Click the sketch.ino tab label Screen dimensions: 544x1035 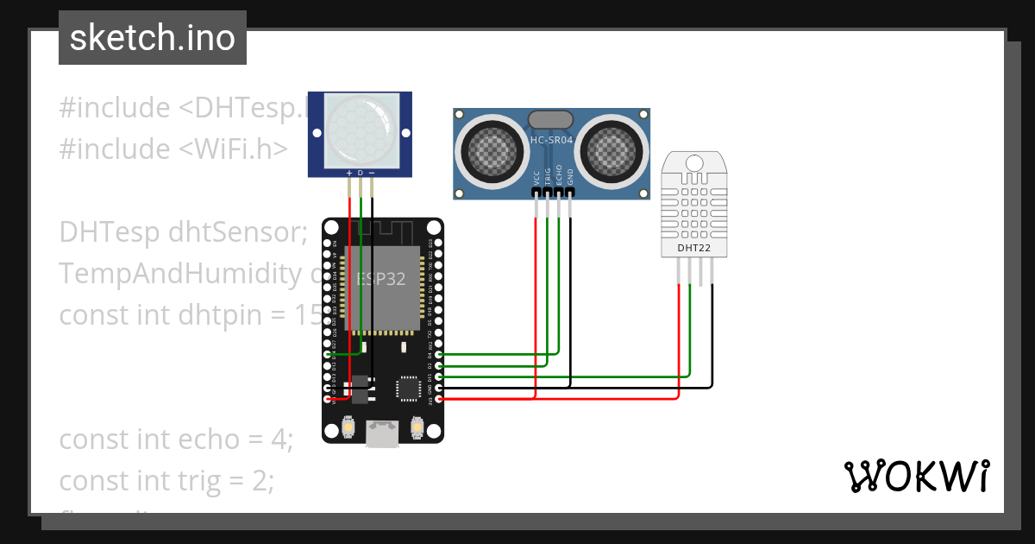[x=152, y=38]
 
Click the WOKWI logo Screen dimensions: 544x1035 [x=915, y=476]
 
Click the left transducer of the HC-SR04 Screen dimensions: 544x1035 [x=493, y=149]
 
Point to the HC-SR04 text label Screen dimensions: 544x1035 [x=552, y=140]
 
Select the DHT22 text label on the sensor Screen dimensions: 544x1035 [x=694, y=248]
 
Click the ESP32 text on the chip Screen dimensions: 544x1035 [x=381, y=279]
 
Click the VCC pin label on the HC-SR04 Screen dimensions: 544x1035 [x=536, y=177]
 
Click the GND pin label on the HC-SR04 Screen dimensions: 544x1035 [x=570, y=177]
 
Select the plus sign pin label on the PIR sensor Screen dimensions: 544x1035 [x=348, y=173]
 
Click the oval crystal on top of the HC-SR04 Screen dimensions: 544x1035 [x=550, y=118]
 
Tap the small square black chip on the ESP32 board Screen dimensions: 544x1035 [x=409, y=389]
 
